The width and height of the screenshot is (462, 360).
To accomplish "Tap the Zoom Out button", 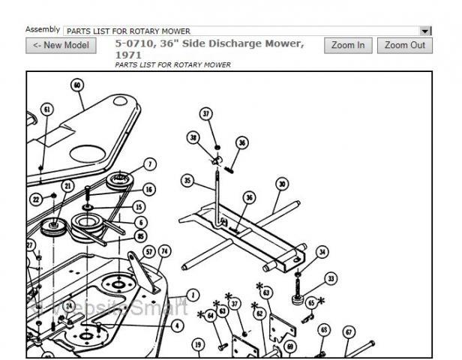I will [405, 46].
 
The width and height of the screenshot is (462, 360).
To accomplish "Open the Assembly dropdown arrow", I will [425, 31].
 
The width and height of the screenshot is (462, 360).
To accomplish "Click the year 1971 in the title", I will [128, 55].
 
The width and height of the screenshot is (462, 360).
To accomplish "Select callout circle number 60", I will [77, 85].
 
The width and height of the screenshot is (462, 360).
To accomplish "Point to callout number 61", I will [46, 109].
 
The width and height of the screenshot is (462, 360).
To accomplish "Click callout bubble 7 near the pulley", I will [150, 164].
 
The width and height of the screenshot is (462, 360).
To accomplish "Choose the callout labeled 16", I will [149, 190].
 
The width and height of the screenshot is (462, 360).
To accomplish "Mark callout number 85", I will [140, 236].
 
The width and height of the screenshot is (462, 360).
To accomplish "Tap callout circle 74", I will [164, 251].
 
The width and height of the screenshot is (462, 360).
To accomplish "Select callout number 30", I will [282, 184].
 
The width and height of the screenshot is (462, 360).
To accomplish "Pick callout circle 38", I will [193, 138].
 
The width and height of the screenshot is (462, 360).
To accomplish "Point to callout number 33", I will [331, 278].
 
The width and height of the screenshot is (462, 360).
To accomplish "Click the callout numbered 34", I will [322, 252].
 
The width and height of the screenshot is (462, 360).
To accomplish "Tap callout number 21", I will [68, 186].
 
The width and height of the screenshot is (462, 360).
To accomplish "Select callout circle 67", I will [349, 331].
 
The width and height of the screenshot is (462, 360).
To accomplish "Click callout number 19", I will [198, 344].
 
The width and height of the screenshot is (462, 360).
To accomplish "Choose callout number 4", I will [176, 325].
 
